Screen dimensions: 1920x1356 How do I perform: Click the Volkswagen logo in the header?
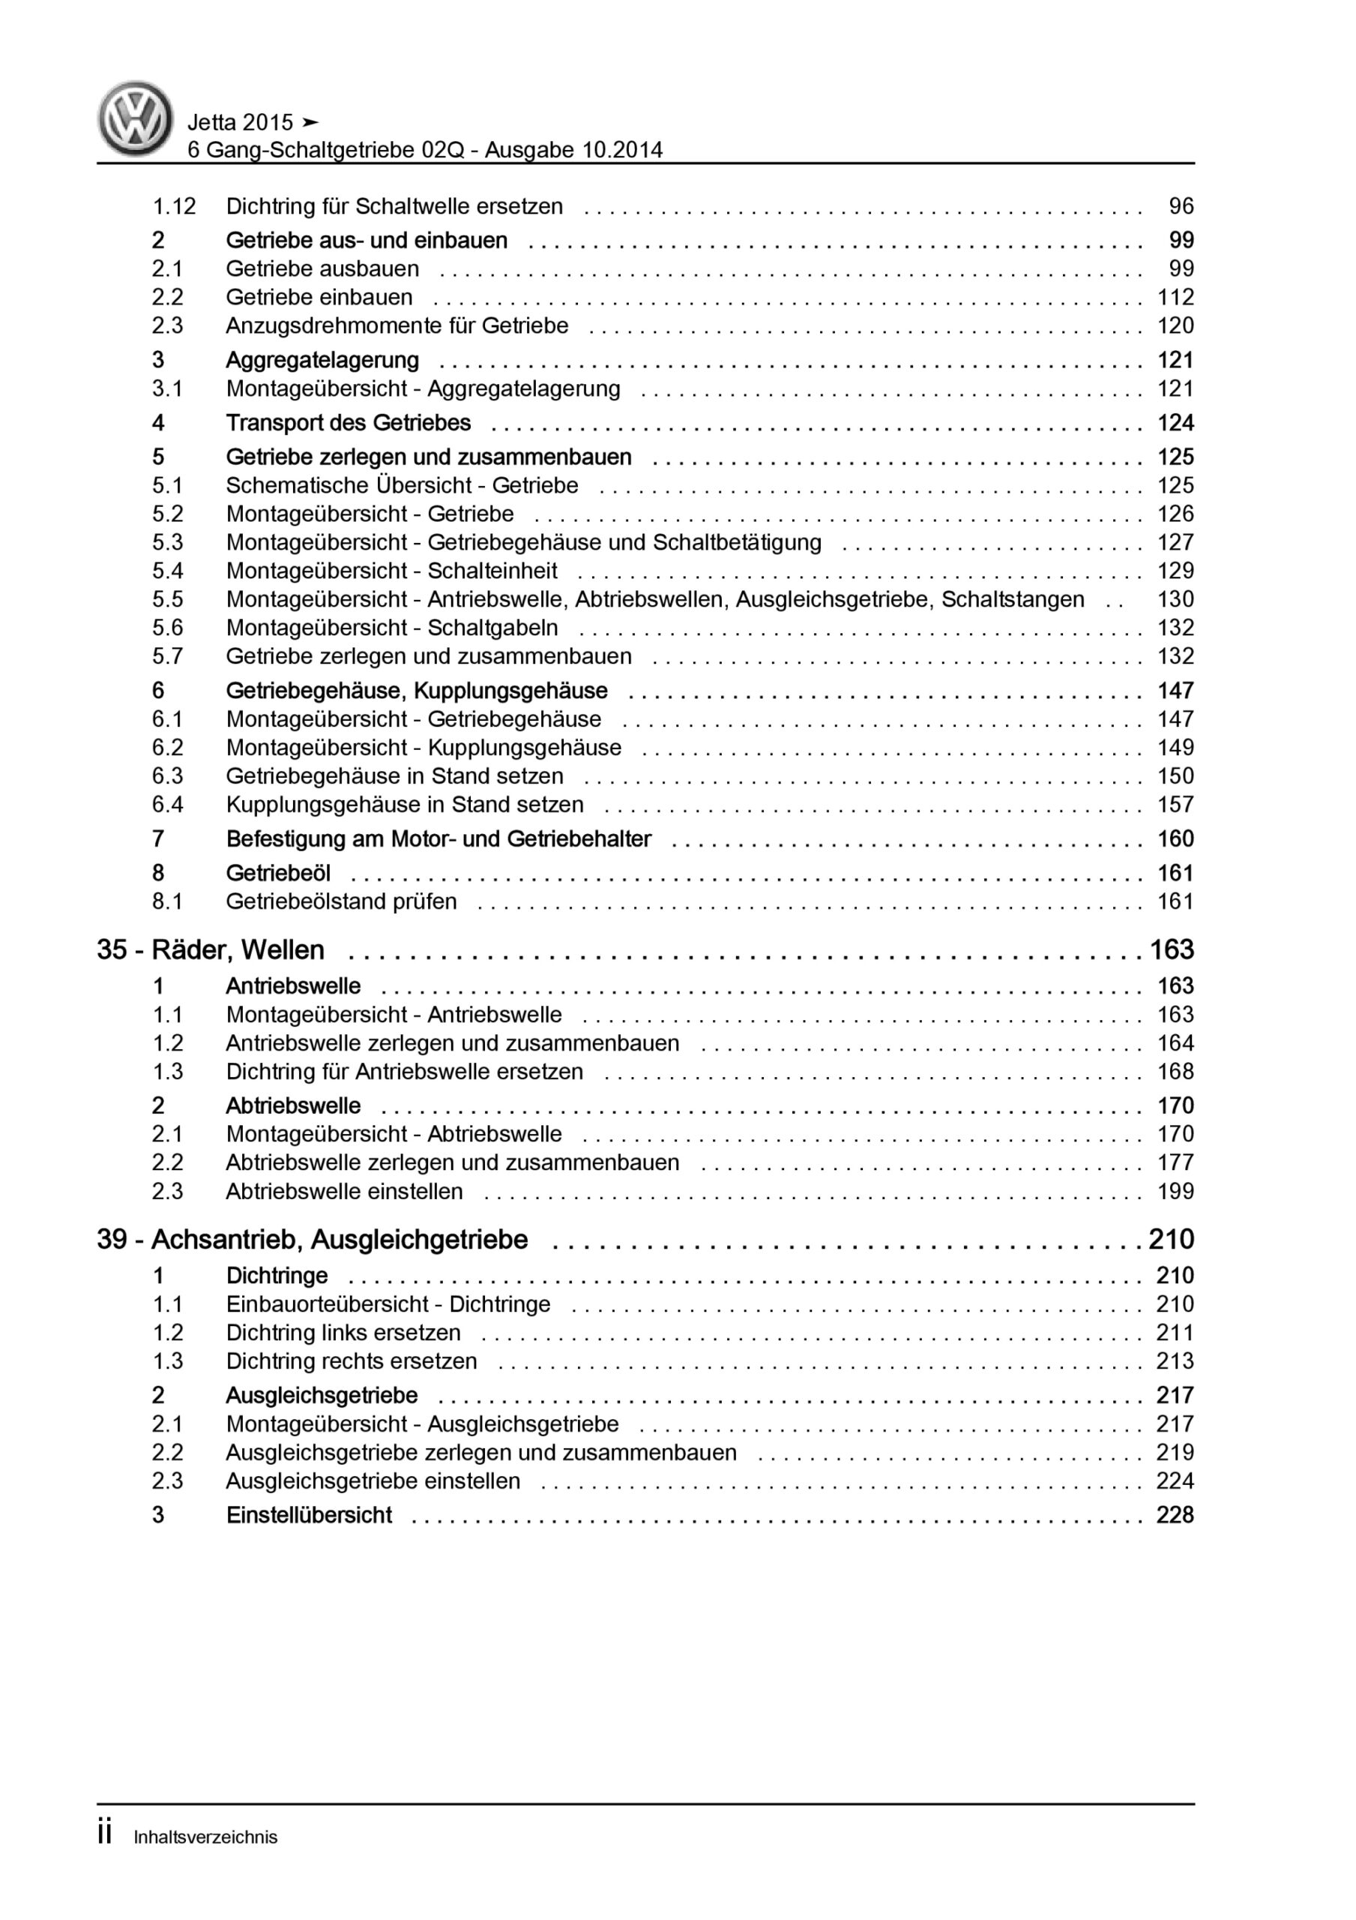click(136, 118)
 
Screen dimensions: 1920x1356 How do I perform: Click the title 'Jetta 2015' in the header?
click(240, 123)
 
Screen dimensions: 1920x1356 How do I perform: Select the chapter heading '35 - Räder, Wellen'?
click(211, 950)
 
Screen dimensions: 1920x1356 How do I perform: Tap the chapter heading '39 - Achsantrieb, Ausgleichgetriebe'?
click(312, 1239)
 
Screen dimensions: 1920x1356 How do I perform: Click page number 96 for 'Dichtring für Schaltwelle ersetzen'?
click(1181, 206)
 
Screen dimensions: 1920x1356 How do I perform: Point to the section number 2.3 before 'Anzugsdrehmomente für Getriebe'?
click(167, 326)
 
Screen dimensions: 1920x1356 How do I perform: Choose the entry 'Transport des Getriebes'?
click(348, 423)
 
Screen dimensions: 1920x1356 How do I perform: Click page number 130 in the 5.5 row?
click(1175, 599)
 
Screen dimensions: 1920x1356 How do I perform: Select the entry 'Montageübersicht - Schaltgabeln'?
click(391, 628)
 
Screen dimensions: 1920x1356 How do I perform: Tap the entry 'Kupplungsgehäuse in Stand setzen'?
click(405, 805)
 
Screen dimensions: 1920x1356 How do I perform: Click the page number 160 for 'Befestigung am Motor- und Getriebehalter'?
click(1175, 839)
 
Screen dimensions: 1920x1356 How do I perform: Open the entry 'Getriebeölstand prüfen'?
click(341, 902)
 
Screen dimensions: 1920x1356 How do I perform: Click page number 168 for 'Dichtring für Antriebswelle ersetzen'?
click(1175, 1072)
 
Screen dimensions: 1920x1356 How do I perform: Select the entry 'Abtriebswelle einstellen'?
click(343, 1192)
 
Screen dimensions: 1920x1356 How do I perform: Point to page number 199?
click(1175, 1192)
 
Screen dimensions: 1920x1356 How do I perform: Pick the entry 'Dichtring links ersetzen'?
click(343, 1333)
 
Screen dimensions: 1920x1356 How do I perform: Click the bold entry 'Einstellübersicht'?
click(309, 1515)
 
